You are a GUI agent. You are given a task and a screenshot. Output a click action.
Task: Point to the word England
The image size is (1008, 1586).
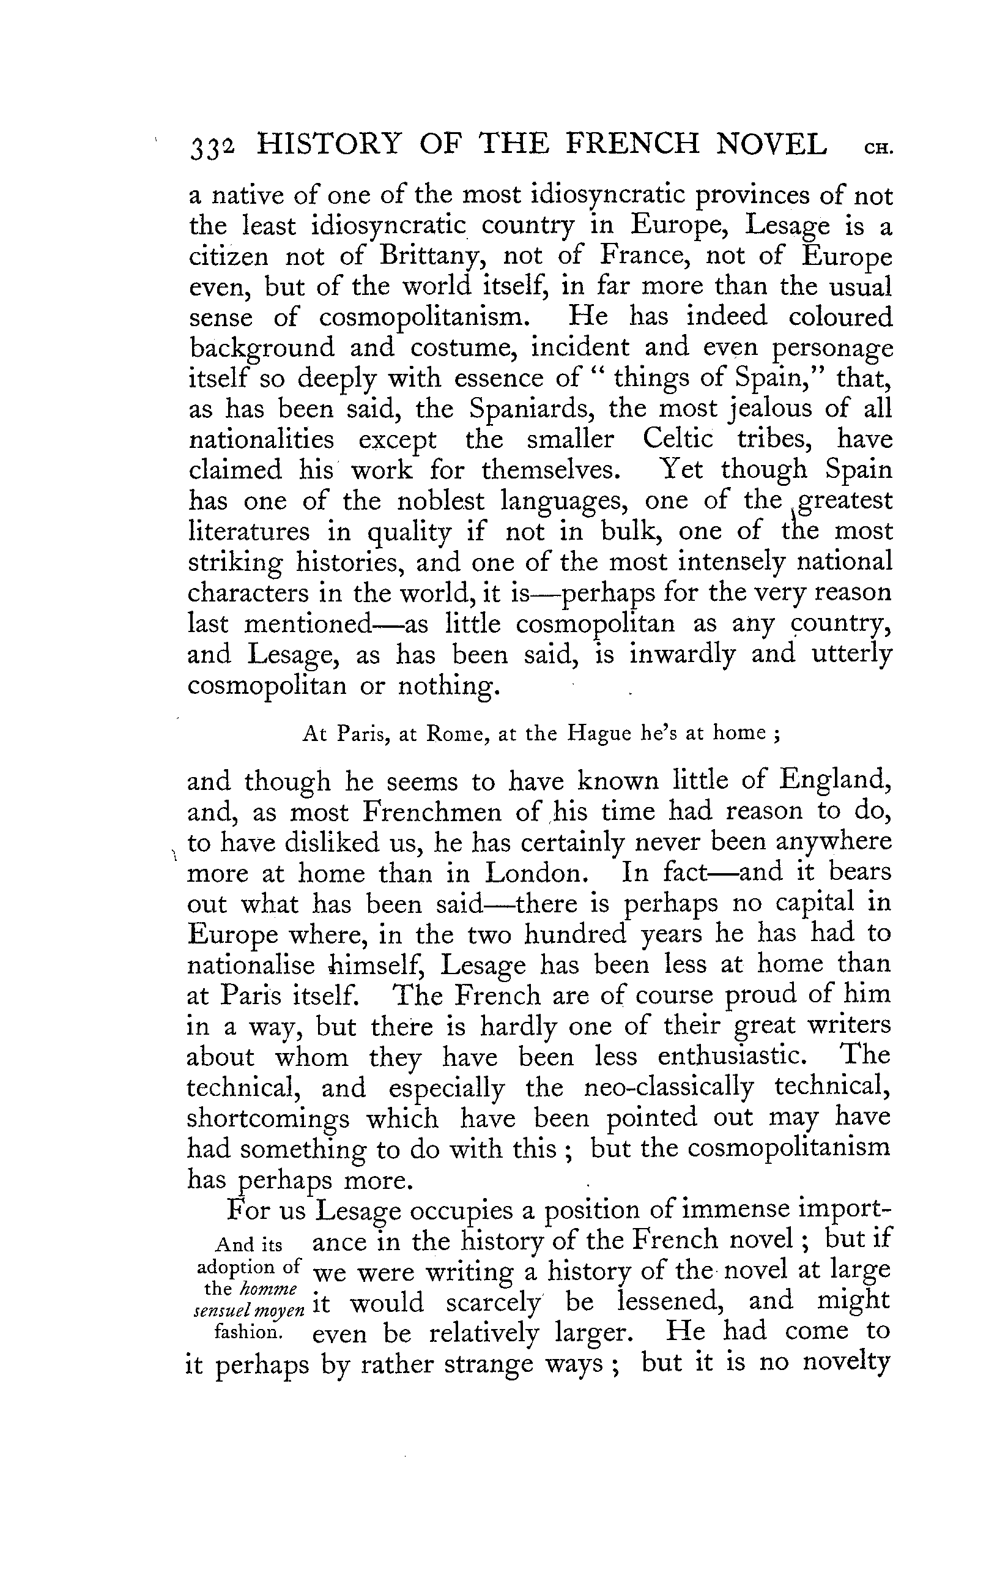[834, 781]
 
